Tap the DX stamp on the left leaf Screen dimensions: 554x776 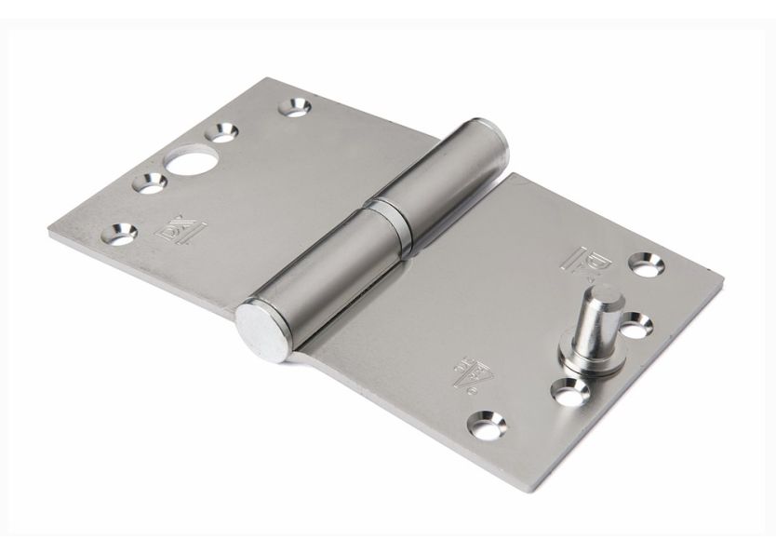coord(177,228)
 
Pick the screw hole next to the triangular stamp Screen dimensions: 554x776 coord(488,425)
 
